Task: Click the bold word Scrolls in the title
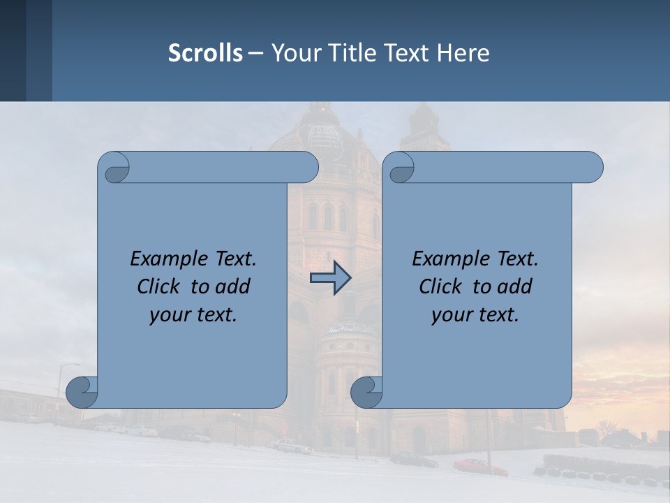205,53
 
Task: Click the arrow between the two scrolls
330,278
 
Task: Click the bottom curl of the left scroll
82,392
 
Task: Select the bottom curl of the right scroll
366,392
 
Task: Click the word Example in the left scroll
166,259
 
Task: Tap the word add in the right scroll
515,286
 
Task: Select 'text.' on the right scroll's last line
498,314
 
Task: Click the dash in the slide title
255,53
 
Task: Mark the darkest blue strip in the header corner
13,50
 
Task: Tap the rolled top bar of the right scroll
502,168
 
